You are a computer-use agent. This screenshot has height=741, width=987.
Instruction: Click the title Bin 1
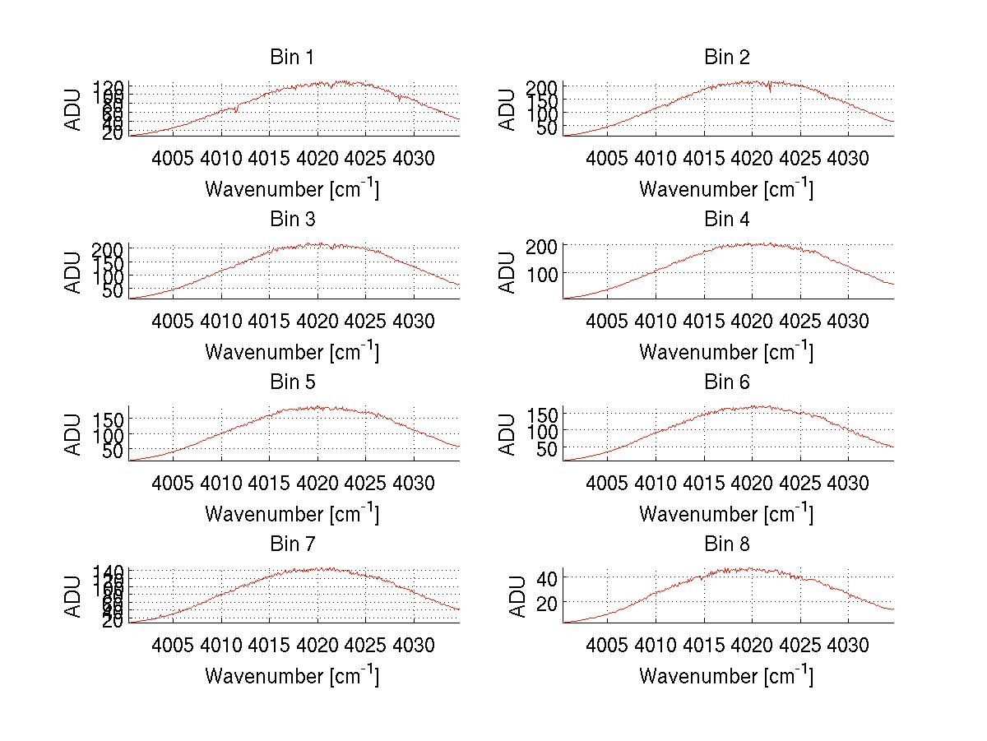coord(292,58)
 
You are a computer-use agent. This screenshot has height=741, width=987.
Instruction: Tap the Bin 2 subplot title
coord(727,58)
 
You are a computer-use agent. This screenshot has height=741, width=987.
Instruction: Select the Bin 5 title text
coord(292,382)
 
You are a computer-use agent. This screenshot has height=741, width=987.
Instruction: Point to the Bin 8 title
coord(727,544)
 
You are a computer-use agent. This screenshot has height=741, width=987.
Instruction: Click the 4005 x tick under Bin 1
coord(173,157)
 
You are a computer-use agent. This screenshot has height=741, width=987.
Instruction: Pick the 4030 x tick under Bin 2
coord(847,157)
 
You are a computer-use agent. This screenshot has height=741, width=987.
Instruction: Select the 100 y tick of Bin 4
coord(545,273)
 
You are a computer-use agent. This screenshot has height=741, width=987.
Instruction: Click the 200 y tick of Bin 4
coord(545,245)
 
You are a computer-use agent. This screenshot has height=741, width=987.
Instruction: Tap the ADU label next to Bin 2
coord(508,109)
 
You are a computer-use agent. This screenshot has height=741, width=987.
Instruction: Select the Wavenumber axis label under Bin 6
coord(726,514)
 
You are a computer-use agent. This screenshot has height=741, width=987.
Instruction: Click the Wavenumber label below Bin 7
coord(292,676)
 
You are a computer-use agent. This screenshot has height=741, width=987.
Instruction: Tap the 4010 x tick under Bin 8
coord(656,645)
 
